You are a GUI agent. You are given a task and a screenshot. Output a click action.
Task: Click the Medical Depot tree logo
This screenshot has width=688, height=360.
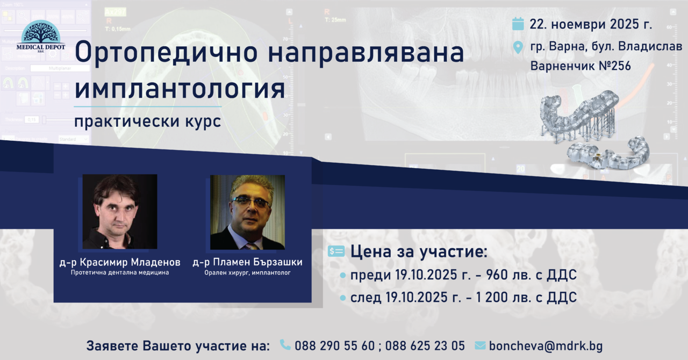coord(40,36)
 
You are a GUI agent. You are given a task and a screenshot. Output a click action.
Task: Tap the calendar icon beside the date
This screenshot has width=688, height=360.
coord(518,24)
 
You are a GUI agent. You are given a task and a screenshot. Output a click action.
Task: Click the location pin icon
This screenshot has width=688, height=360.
coord(518,47)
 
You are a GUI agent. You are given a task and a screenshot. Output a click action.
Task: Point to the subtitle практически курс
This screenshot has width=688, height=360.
coord(147,121)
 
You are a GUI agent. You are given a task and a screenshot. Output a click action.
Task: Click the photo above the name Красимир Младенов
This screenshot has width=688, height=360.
coord(120,212)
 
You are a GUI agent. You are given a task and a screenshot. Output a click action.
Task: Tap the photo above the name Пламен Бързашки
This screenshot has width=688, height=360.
coord(247,212)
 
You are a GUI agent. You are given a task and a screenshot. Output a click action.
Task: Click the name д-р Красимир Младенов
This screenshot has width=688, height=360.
coord(120,262)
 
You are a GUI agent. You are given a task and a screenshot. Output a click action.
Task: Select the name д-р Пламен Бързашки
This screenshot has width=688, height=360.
coord(248,262)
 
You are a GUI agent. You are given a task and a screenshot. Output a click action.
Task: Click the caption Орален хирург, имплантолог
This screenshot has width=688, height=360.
coord(248,273)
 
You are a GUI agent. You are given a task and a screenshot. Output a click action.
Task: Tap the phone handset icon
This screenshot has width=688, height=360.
coord(285,344)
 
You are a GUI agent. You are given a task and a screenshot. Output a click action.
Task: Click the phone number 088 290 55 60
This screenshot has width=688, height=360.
coord(335,346)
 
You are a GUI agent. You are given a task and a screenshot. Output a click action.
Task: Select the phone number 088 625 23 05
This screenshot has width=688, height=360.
coord(425,346)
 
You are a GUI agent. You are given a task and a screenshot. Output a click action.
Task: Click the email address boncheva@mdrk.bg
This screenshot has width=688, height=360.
coord(546,346)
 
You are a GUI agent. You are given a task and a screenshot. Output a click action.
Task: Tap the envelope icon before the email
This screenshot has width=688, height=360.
coord(481,345)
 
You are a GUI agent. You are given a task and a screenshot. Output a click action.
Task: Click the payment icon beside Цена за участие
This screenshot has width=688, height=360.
coord(336,251)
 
